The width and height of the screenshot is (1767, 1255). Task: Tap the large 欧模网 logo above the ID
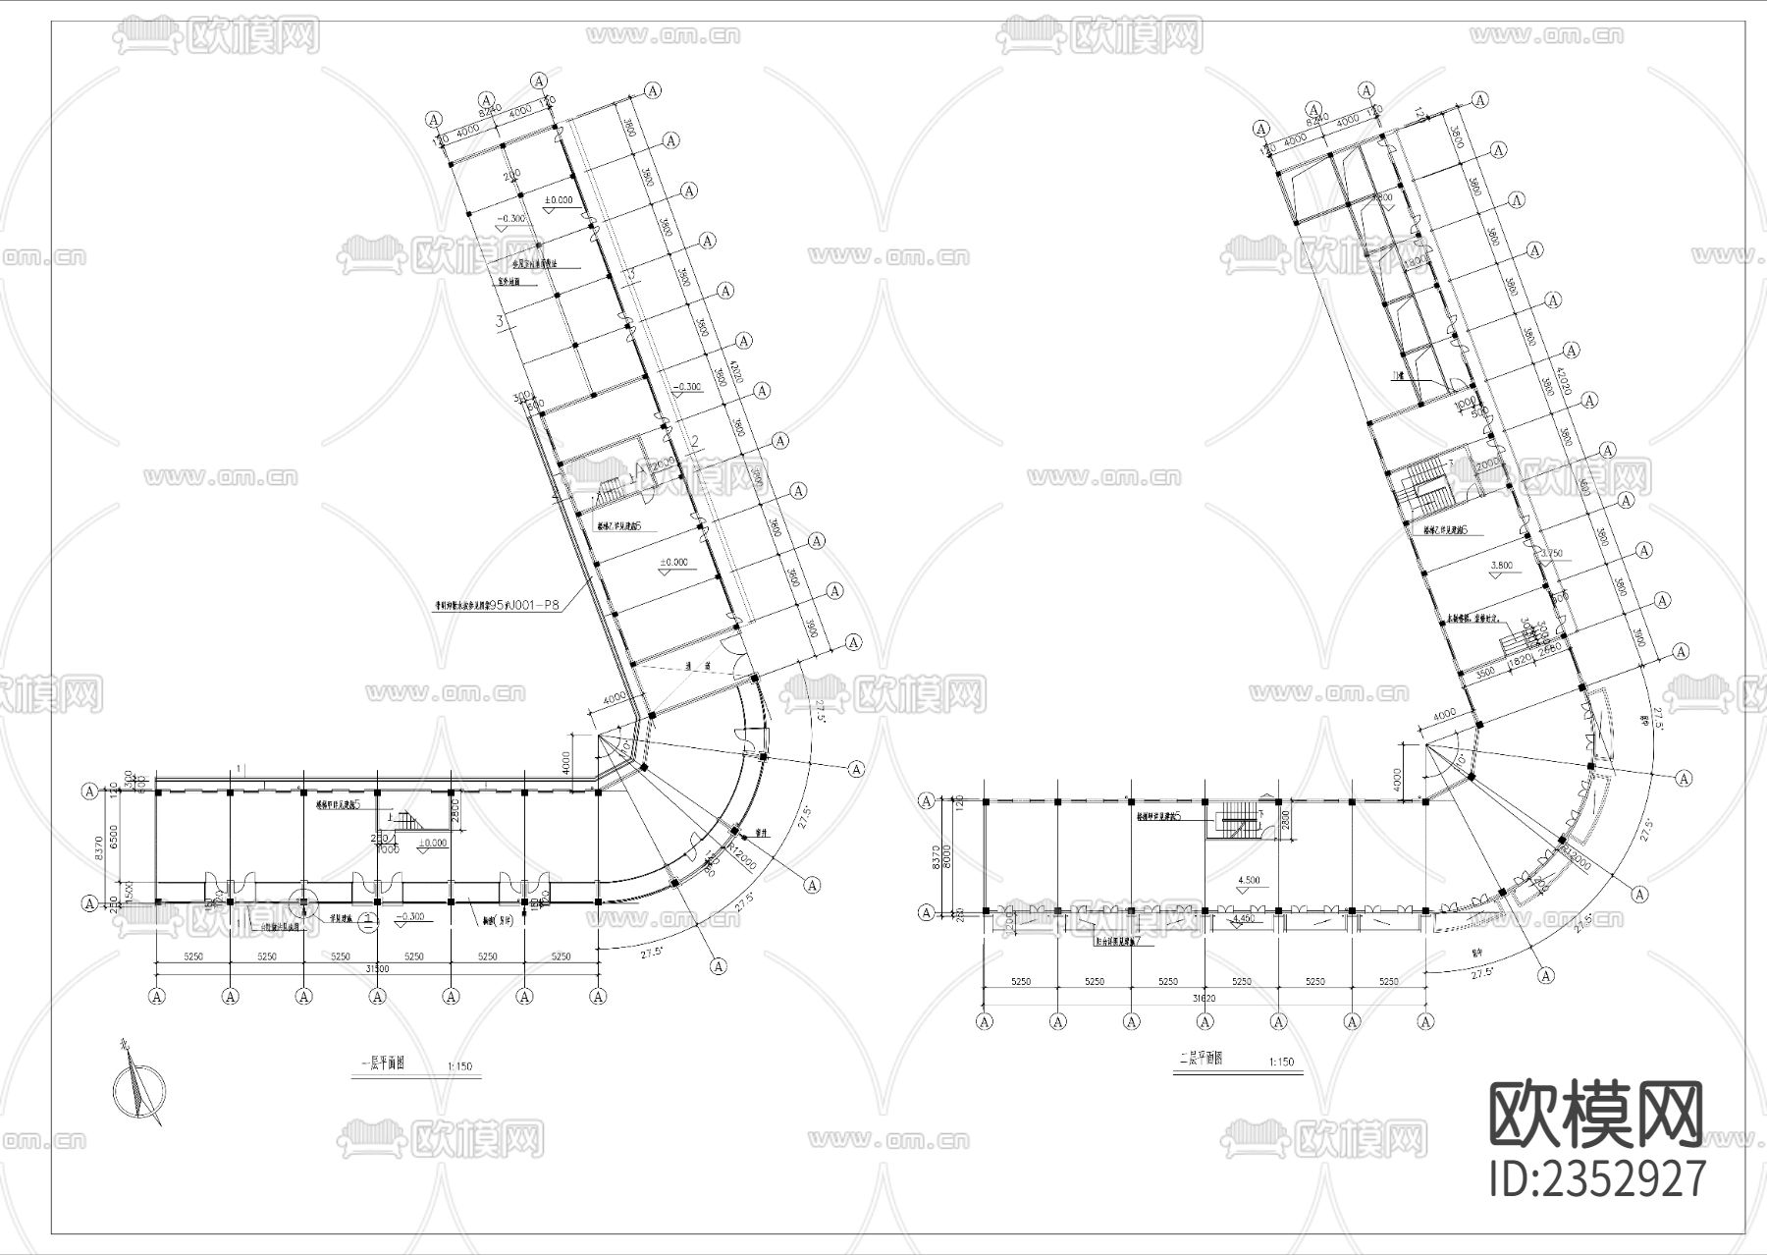[x=1597, y=1115]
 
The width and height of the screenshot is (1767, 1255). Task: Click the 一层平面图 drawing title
[x=384, y=1063]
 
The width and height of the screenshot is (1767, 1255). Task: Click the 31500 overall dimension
[x=377, y=968]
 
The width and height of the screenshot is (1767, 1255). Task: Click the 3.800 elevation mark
[x=1503, y=566]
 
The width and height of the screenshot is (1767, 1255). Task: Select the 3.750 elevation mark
[x=1552, y=554]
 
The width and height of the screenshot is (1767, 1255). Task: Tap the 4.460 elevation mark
[x=1246, y=918]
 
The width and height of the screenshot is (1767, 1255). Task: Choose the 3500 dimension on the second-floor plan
[x=1484, y=672]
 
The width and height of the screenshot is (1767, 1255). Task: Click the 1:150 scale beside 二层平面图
[x=1280, y=1062]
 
